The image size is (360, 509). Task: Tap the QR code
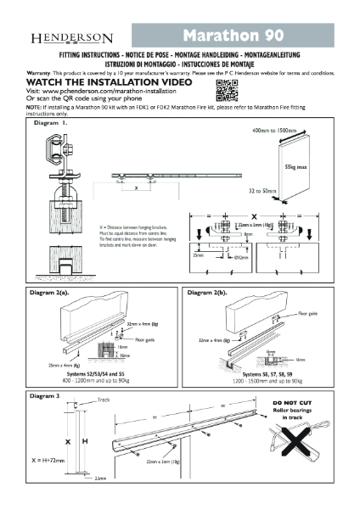[x=226, y=92]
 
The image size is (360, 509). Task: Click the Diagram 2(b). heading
[x=211, y=290]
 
